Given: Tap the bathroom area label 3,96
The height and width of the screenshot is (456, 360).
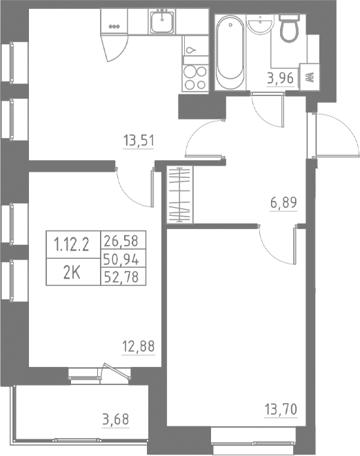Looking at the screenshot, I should tap(281, 78).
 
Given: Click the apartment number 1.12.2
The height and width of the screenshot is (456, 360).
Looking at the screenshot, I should tap(72, 242).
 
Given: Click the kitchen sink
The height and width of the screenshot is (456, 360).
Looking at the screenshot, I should tap(163, 23).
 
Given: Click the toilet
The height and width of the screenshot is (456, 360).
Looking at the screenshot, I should tap(288, 29).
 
